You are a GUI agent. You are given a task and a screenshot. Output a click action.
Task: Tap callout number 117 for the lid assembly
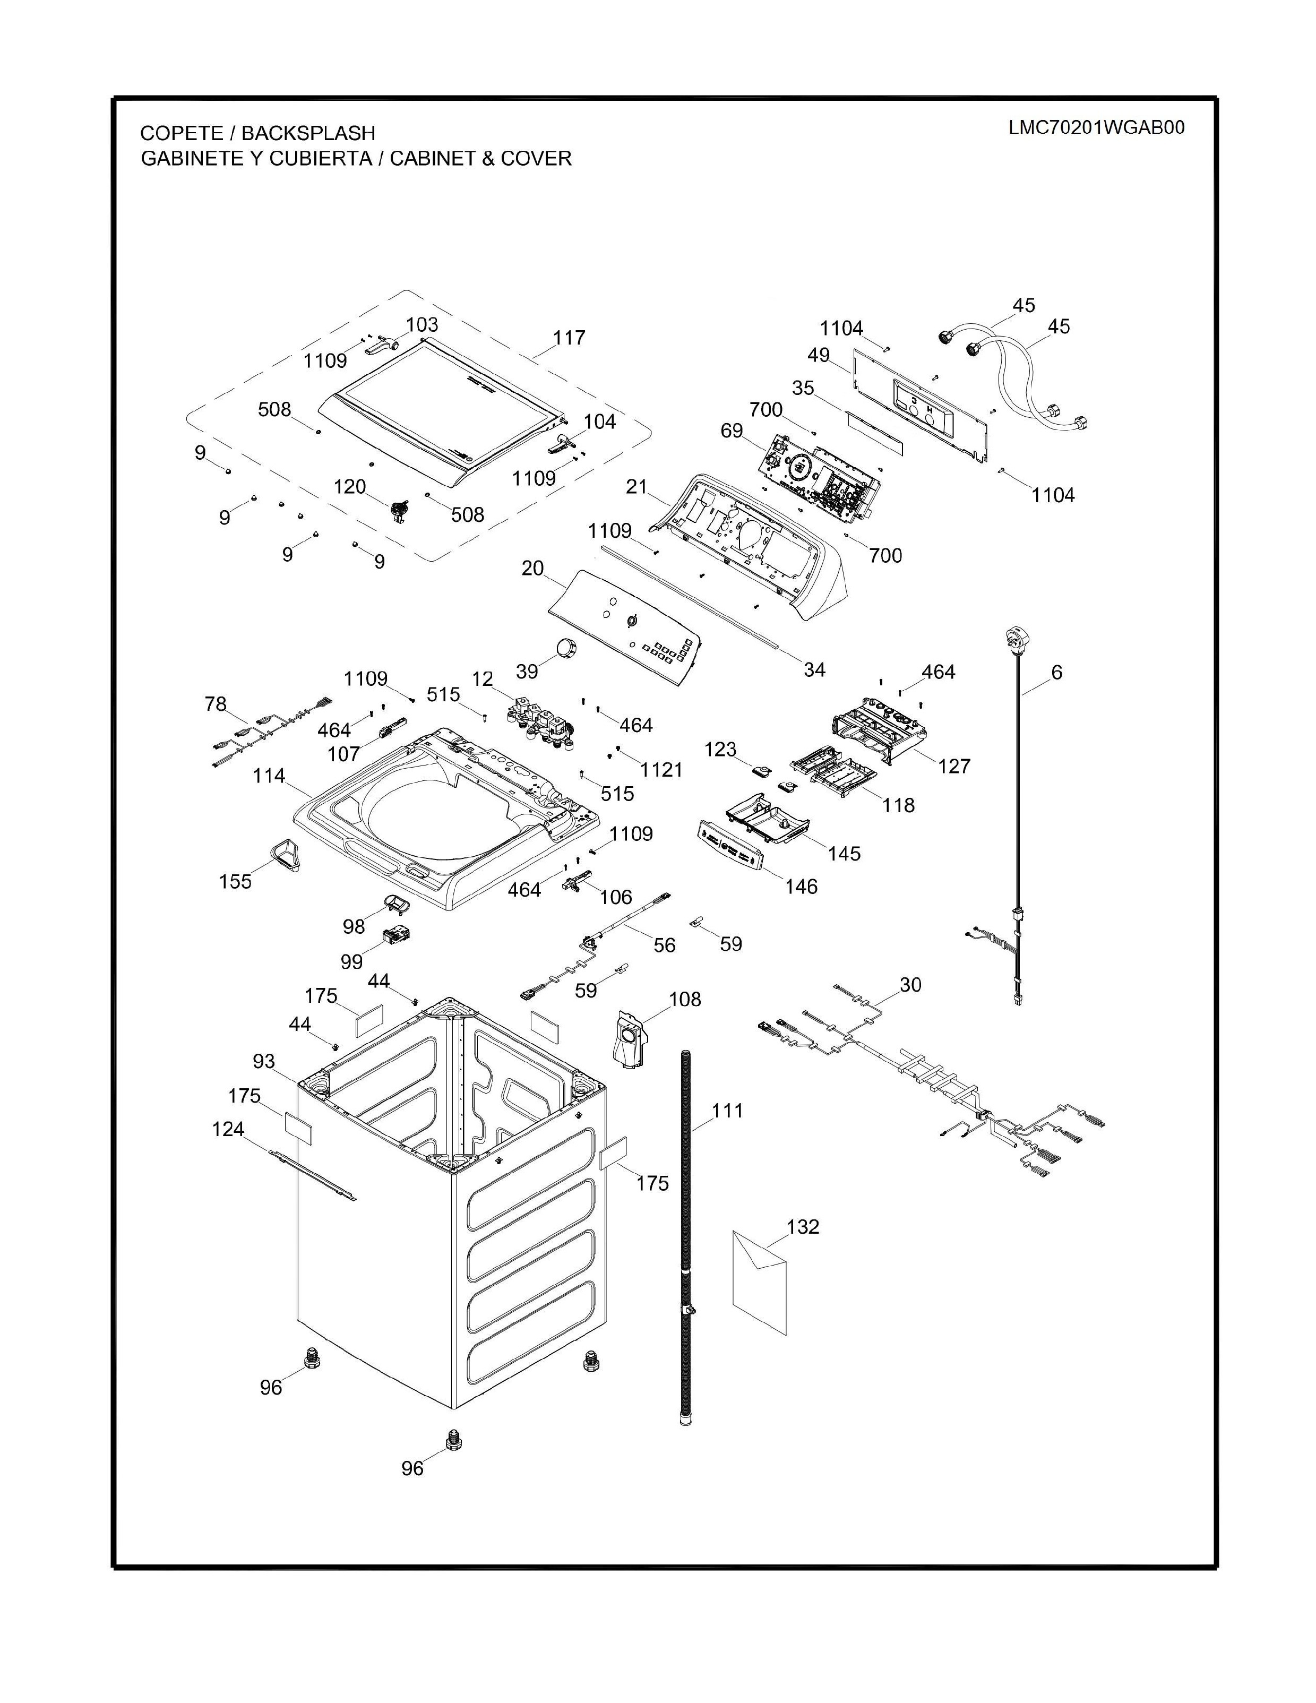pos(569,338)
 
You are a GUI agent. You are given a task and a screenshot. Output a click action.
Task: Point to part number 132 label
pos(803,1227)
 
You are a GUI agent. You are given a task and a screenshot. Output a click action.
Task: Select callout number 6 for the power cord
pos(1056,672)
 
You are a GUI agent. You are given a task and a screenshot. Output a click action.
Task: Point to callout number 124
pos(228,1129)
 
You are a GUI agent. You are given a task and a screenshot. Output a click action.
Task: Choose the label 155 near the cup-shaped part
pos(236,881)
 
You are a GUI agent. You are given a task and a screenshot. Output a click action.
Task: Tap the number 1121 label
pos(661,770)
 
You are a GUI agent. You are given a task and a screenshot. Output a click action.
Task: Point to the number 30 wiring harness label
pos(910,985)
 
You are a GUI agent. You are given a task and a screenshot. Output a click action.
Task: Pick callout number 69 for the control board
pos(732,431)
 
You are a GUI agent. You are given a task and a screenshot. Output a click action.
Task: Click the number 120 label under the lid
pos(350,487)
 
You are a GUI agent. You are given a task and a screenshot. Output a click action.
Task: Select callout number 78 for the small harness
pos(216,704)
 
